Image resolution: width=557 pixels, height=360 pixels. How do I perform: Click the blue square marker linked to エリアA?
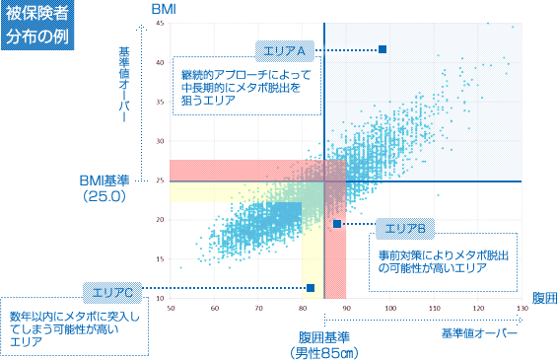click(383, 48)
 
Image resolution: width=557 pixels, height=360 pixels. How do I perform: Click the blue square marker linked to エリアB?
click(337, 224)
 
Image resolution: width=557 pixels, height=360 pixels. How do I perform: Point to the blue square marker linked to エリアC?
click(311, 288)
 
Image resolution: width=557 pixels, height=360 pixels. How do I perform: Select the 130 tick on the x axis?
click(522, 309)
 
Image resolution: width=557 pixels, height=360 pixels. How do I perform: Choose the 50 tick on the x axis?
click(172, 309)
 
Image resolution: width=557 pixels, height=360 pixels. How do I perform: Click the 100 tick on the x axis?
click(390, 309)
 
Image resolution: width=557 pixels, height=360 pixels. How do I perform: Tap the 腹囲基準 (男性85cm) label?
click(325, 344)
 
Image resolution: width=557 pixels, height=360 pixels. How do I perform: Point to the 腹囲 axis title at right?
click(544, 298)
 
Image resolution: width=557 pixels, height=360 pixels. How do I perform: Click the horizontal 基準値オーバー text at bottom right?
click(480, 335)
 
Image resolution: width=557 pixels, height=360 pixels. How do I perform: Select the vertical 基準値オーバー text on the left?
click(122, 84)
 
